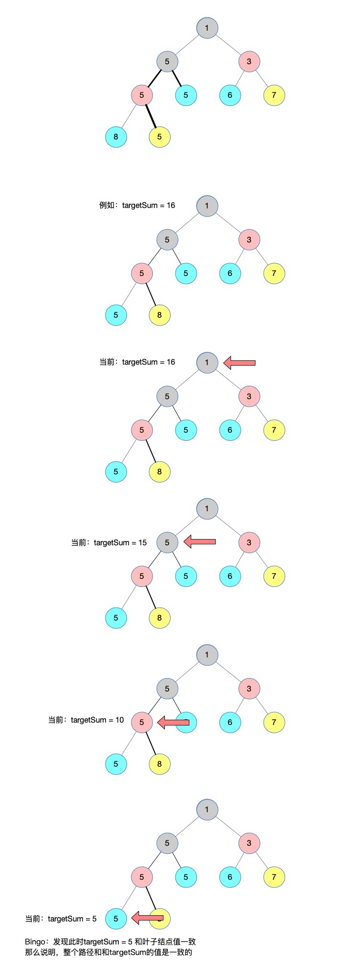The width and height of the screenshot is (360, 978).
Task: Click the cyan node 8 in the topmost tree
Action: tap(116, 137)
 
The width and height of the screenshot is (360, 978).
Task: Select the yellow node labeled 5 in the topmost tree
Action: tap(160, 137)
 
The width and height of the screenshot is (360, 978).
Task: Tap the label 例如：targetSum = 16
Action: tap(137, 206)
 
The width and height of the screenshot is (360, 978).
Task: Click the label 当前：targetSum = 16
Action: tap(137, 362)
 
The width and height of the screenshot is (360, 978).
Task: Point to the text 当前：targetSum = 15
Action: tap(109, 543)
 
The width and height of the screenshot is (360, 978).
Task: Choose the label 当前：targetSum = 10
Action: tap(86, 720)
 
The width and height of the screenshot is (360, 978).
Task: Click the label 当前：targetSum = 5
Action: tap(61, 919)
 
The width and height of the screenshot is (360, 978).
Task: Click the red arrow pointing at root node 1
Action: tap(240, 363)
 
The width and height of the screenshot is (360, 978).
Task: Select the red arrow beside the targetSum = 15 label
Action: tap(200, 542)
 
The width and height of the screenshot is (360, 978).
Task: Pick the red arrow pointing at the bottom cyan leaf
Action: tap(147, 918)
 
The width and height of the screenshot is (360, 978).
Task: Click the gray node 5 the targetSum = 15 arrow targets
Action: tap(167, 542)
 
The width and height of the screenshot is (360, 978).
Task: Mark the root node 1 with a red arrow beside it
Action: tap(207, 362)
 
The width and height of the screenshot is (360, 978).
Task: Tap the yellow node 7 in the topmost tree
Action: tap(274, 95)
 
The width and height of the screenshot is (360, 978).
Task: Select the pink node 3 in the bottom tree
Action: tap(249, 843)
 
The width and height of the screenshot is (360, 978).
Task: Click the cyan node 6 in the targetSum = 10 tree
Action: tap(230, 722)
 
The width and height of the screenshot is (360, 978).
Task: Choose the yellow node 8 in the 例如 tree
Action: tap(160, 315)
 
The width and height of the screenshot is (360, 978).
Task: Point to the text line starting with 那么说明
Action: tap(108, 952)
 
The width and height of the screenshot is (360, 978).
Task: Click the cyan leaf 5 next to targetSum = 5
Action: tap(116, 918)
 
